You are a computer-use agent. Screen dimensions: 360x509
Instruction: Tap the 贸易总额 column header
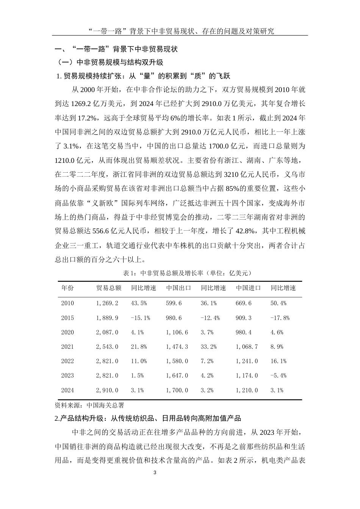pos(109,288)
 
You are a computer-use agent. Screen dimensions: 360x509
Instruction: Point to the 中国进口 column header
pos(248,288)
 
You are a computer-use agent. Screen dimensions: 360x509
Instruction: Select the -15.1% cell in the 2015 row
pos(141,318)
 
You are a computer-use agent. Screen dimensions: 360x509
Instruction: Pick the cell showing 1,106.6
pos(177,333)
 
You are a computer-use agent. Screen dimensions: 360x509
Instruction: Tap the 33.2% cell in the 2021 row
pos(209,347)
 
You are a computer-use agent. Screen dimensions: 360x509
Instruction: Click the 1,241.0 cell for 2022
pos(247,361)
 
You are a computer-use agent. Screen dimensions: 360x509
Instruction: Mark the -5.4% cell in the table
pos(279,376)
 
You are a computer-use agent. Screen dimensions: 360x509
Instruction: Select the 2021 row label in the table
pos(67,347)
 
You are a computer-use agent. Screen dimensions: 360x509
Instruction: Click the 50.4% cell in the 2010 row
pos(279,303)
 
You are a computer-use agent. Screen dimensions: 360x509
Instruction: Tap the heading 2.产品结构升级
pos(148,418)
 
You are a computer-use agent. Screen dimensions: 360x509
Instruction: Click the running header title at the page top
pos(180,31)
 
